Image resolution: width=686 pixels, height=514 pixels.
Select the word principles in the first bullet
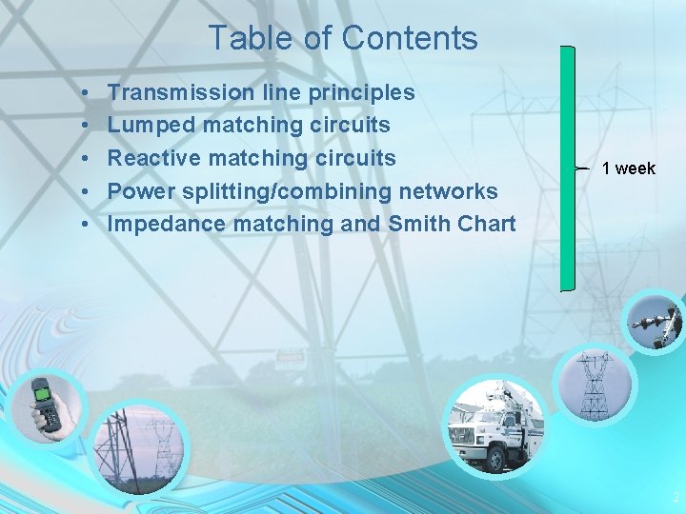click(359, 92)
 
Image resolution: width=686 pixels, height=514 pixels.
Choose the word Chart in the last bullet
click(487, 224)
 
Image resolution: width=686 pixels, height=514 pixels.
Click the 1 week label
click(629, 168)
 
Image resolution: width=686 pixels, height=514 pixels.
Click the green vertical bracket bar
click(568, 168)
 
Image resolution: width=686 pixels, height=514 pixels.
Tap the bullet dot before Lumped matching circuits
click(85, 126)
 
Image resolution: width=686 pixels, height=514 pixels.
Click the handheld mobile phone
click(43, 404)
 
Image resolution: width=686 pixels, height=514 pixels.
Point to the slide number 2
click(676, 497)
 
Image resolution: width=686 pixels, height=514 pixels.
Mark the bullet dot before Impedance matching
click(85, 225)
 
